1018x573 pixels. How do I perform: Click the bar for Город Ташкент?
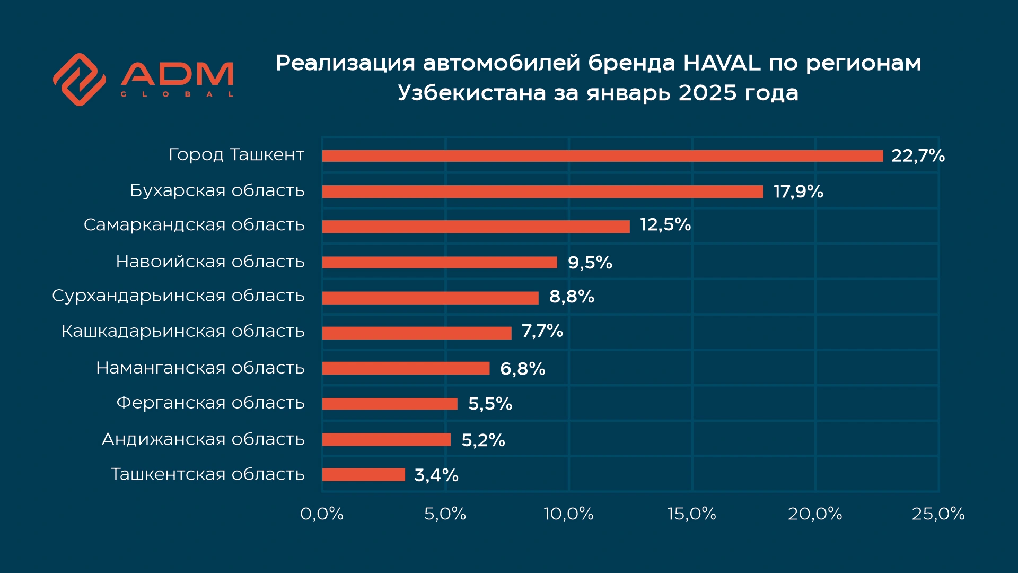tap(602, 156)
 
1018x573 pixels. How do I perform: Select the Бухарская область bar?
tap(542, 192)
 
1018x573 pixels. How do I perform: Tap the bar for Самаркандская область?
tap(476, 227)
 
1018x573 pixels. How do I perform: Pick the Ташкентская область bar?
tap(363, 474)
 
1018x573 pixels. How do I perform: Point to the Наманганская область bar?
tap(406, 368)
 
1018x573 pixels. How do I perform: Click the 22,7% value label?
tap(918, 155)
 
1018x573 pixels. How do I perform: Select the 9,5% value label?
tap(590, 262)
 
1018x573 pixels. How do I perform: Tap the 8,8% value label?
tap(572, 297)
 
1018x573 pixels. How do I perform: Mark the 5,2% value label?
tap(483, 440)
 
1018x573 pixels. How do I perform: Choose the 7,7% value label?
tap(542, 331)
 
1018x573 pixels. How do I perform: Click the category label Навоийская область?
tap(210, 262)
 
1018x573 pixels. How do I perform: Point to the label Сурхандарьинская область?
tap(178, 296)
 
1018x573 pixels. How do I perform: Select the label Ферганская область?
tap(210, 403)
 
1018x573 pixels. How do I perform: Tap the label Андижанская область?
tap(203, 439)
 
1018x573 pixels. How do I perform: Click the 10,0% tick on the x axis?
tap(568, 514)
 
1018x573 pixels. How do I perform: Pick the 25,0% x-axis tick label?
tap(938, 514)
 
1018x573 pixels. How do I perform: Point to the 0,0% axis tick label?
tap(322, 514)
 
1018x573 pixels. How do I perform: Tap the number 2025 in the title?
tap(707, 93)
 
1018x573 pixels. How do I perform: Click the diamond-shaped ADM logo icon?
tap(80, 80)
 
